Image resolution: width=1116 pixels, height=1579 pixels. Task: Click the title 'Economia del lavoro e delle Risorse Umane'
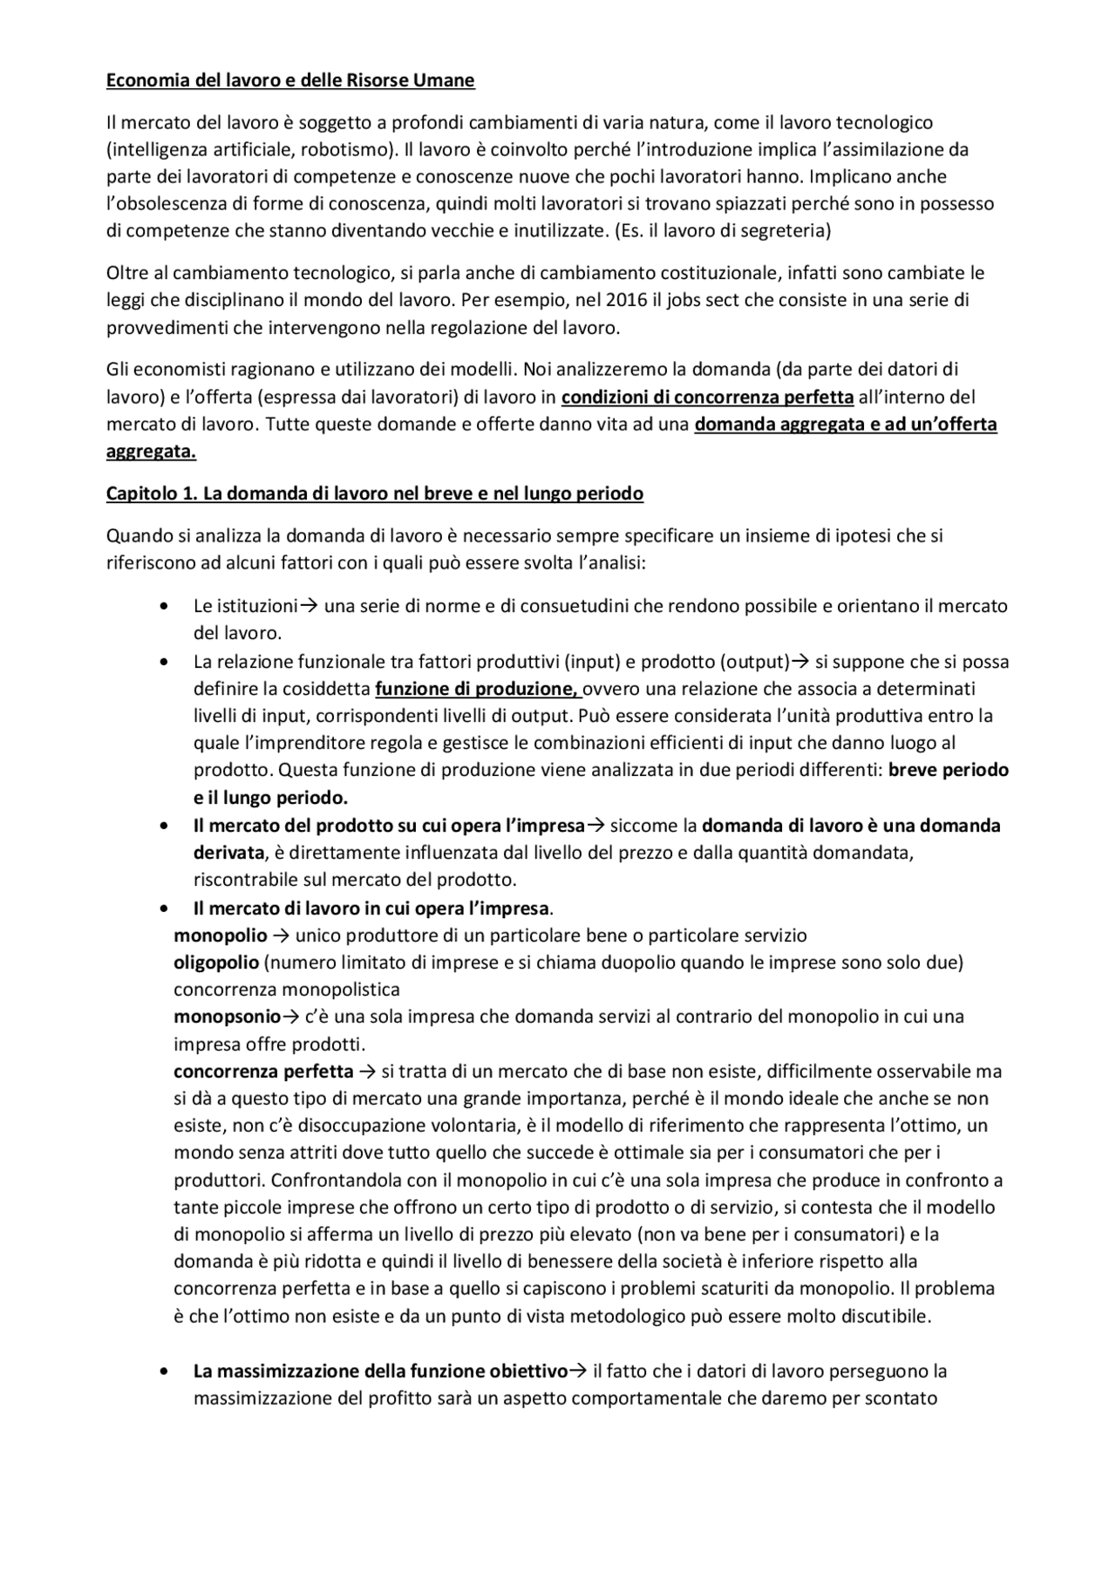[x=290, y=81]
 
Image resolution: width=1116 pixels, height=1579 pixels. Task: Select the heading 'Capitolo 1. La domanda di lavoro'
[x=375, y=493]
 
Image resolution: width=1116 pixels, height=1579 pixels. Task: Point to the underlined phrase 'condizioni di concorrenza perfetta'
[x=707, y=398]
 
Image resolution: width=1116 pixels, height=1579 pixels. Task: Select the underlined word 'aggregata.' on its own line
[x=151, y=452]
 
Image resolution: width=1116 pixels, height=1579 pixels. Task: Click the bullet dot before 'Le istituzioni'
[x=165, y=606]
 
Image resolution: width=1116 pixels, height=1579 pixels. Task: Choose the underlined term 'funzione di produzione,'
[x=478, y=689]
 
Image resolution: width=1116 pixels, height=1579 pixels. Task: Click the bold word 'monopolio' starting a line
[x=221, y=936]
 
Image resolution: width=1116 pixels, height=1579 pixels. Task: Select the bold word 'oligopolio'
[x=216, y=963]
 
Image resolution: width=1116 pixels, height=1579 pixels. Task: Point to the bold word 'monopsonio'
[x=227, y=1017]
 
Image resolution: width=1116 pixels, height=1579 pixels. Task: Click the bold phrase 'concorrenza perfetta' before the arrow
[x=263, y=1071]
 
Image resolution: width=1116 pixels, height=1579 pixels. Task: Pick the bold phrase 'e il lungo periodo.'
[x=270, y=798]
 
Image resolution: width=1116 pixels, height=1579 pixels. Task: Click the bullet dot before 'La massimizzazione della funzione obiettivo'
[x=165, y=1371]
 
